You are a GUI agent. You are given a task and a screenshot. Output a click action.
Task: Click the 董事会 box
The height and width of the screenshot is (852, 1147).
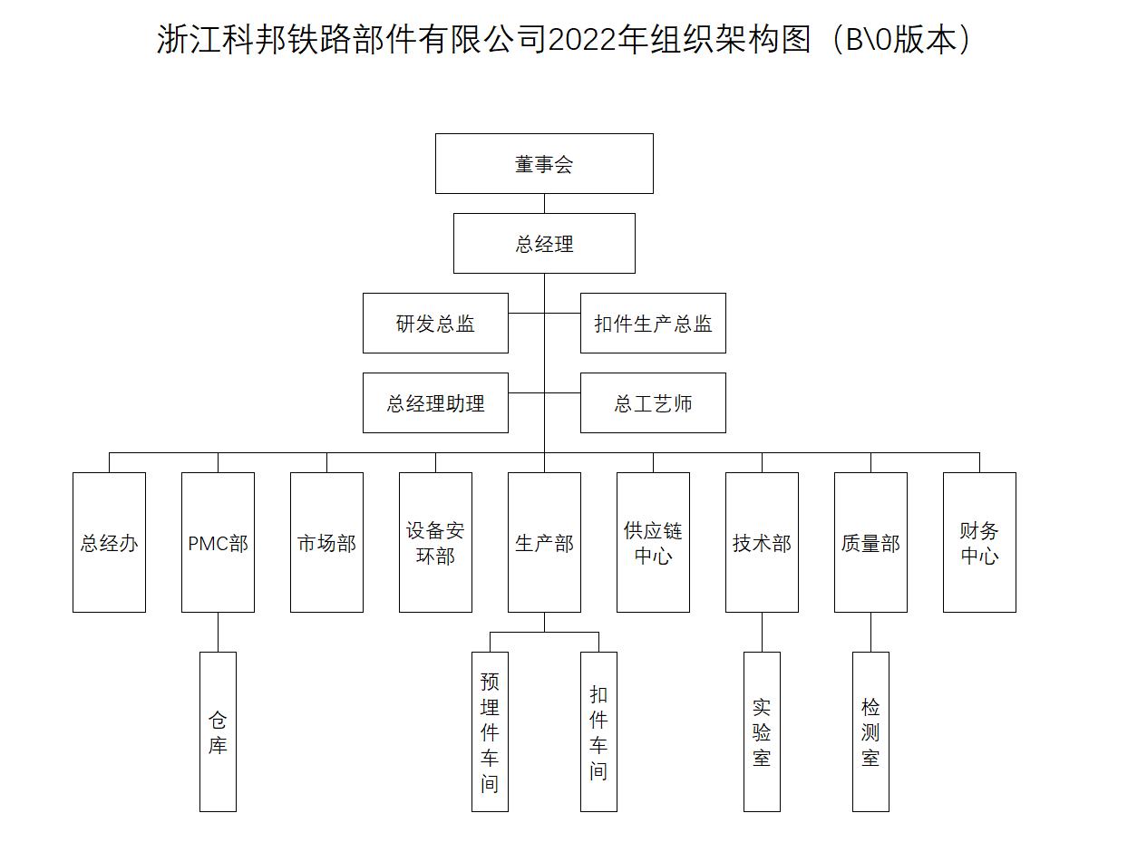[x=544, y=163]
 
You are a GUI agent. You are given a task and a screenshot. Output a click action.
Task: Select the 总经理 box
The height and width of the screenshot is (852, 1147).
[x=544, y=243]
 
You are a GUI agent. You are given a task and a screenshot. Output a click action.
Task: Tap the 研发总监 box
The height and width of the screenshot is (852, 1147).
[x=435, y=323]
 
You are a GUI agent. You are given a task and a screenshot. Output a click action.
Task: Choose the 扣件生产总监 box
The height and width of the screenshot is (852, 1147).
[x=653, y=323]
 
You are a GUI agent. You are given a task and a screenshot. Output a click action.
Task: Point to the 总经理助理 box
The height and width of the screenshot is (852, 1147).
[x=435, y=402]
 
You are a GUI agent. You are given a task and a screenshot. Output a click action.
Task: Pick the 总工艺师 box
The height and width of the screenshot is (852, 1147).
[x=653, y=402]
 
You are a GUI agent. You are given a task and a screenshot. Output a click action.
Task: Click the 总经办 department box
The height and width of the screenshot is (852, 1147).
[x=109, y=542]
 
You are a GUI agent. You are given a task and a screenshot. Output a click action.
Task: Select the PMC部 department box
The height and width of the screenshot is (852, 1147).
[x=218, y=542]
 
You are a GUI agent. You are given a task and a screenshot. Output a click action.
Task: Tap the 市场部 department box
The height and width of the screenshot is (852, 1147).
[x=326, y=542]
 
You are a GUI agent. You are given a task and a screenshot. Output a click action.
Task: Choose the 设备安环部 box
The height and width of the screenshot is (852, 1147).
[x=435, y=542]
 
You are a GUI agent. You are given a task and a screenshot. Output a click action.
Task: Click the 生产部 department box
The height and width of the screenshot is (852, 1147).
[x=544, y=542]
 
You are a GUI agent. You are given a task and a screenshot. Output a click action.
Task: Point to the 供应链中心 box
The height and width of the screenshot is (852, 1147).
[x=653, y=542]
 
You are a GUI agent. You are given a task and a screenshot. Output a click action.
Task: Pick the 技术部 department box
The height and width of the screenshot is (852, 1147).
[x=762, y=542]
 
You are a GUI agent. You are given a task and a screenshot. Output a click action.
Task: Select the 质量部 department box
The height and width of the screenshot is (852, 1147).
[x=870, y=542]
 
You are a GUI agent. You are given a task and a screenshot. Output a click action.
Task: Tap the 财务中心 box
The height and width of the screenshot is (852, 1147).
[x=979, y=542]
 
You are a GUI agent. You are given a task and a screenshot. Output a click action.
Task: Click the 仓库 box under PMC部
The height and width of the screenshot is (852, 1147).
[x=218, y=731]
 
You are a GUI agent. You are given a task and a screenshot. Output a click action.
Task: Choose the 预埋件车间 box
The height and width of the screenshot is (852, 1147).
[x=490, y=731]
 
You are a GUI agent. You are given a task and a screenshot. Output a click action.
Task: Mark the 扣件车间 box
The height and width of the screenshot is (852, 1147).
[x=598, y=731]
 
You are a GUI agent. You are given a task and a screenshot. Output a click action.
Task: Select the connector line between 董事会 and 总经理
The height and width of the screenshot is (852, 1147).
[x=545, y=203]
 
